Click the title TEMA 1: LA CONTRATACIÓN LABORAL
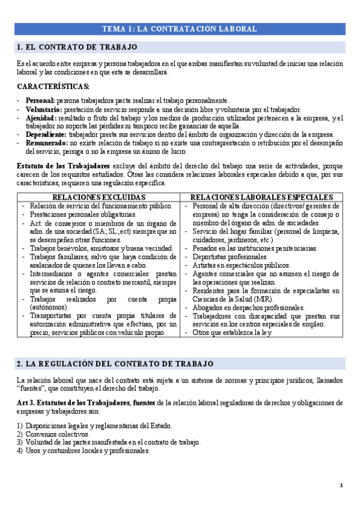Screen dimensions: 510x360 (180, 28)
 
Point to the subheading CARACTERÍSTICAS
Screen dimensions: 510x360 (53, 87)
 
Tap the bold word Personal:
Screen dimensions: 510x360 (40, 100)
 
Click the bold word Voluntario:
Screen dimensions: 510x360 (43, 109)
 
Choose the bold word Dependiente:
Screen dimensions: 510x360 (46, 135)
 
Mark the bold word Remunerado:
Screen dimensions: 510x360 (46, 143)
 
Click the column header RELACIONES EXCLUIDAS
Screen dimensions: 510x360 (99, 197)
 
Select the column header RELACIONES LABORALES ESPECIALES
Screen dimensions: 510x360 (261, 197)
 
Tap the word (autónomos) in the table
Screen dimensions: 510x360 (49, 307)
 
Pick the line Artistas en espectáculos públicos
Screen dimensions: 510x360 (241, 265)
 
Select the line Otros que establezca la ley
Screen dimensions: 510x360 (233, 333)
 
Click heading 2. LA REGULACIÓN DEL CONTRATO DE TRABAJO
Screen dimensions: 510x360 (115, 364)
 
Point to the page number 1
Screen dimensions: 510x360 (341, 485)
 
